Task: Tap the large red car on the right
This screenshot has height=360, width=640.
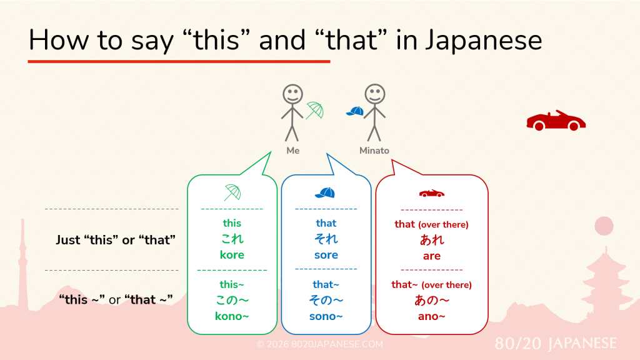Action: click(556, 121)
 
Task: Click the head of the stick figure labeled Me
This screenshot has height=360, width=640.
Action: click(292, 94)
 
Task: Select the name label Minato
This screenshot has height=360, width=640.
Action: click(374, 151)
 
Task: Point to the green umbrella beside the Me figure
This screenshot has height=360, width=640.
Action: click(315, 110)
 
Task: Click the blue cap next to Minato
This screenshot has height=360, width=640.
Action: click(355, 111)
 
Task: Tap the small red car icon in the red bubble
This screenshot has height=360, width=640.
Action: click(431, 193)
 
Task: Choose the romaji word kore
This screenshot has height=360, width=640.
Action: click(232, 255)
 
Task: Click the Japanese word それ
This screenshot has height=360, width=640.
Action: click(326, 239)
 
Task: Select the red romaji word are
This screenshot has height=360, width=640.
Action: click(431, 256)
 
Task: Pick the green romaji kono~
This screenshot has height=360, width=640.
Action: click(232, 316)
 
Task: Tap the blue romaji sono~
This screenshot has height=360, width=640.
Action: click(326, 316)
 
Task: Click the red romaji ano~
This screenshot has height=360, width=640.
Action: click(431, 316)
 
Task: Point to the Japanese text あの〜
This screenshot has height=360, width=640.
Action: click(431, 301)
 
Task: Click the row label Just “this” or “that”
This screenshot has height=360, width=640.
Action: click(116, 240)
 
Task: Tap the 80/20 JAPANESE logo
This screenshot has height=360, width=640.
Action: click(556, 343)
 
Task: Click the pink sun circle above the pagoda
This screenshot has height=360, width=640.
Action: click(604, 226)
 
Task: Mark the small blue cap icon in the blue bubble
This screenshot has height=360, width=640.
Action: click(325, 192)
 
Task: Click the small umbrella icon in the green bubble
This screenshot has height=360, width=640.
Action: click(232, 192)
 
